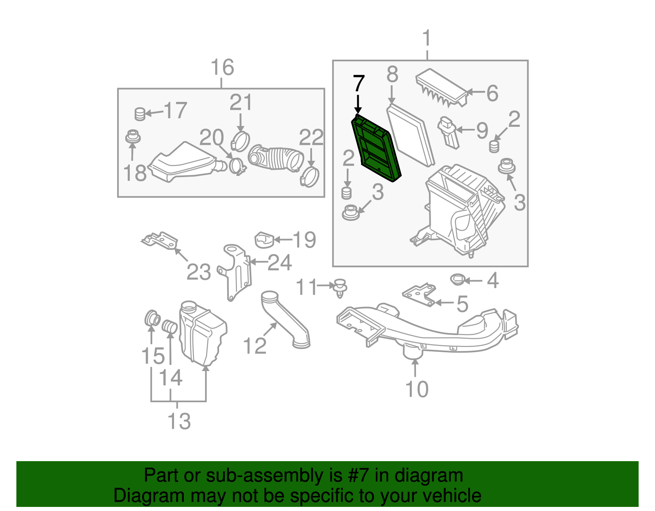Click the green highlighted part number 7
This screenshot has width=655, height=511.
(376, 148)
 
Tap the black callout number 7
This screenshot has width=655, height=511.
(358, 83)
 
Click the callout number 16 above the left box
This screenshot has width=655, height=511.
(222, 67)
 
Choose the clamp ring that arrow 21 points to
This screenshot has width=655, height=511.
(240, 141)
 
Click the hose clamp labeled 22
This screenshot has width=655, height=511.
(309, 178)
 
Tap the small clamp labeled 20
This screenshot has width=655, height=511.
(237, 167)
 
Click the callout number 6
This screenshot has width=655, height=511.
(492, 93)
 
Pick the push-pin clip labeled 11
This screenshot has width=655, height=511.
(341, 288)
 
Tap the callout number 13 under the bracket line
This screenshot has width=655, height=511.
(179, 421)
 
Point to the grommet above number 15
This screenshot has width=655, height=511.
(152, 318)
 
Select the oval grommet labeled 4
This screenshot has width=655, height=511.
(458, 279)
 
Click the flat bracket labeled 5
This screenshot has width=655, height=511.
(419, 294)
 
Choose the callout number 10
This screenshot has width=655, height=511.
(417, 389)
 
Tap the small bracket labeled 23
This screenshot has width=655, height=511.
(160, 241)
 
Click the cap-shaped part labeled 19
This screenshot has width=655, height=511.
(264, 240)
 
